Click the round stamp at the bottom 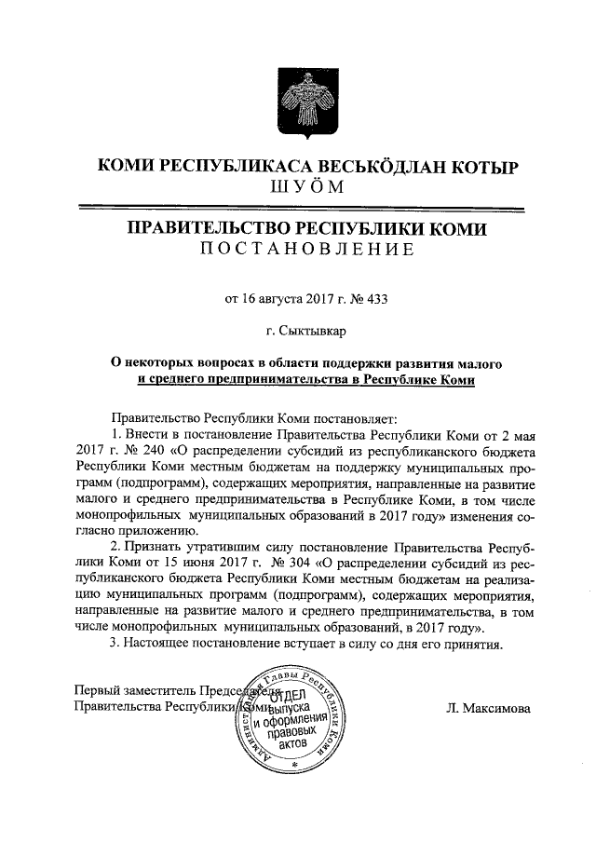click(294, 713)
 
